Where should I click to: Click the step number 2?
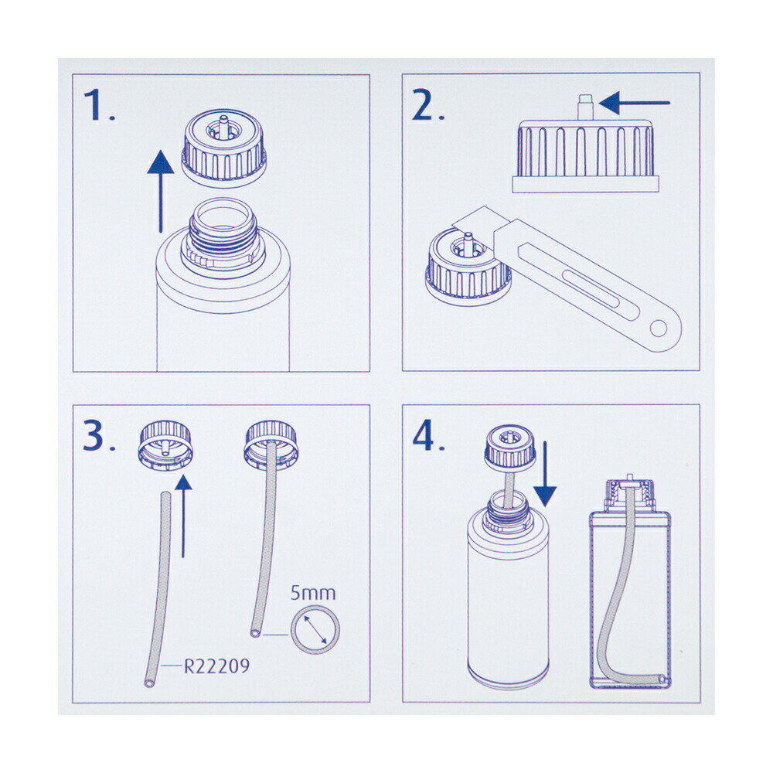point(427,105)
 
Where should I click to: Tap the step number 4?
point(428,436)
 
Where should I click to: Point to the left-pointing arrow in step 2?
point(635,103)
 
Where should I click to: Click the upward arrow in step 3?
point(183,516)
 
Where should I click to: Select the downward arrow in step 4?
point(545,475)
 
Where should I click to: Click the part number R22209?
point(217,666)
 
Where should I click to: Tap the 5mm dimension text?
point(312,593)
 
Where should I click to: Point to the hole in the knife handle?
point(658,328)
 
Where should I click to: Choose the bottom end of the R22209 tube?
point(149,683)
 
